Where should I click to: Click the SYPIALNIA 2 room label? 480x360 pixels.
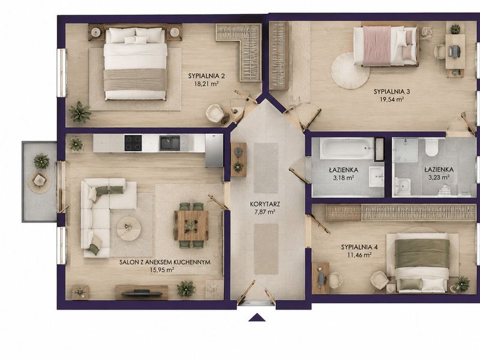pos(204,76)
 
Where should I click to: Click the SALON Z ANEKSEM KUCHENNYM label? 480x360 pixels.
pos(164,262)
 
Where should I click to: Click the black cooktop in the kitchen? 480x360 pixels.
pos(133,143)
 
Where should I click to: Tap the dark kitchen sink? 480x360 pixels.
pos(170,143)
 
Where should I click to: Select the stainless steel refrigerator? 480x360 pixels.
pos(214,151)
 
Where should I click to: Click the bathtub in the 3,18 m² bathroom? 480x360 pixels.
pos(347,148)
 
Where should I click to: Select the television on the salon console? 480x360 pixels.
pos(142,293)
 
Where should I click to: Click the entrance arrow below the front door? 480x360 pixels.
pos(257,317)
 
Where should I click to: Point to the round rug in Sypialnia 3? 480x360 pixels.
pos(350,71)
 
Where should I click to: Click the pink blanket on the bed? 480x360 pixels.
pos(377,46)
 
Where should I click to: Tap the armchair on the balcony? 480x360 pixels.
pos(39,179)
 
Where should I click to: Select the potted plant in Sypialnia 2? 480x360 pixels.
pos(80,112)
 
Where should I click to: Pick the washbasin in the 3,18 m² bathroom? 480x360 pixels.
pos(376,176)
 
